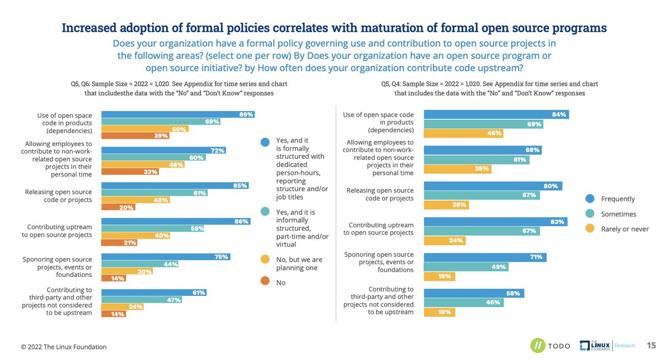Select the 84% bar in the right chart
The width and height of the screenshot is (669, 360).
(x=496, y=114)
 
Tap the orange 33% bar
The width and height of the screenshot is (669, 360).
(x=129, y=172)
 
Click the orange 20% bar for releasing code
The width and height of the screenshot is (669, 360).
(x=118, y=207)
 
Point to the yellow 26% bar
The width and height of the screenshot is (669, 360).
(x=446, y=205)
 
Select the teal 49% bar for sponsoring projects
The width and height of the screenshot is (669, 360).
(x=466, y=266)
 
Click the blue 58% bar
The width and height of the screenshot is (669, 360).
(x=474, y=293)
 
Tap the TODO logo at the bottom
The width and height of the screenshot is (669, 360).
(x=550, y=346)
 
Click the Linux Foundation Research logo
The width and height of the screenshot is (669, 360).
(x=607, y=346)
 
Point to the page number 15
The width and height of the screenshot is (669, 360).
(x=651, y=345)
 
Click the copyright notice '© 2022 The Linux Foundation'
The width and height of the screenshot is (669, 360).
(x=64, y=347)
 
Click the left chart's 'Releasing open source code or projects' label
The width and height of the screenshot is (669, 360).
(x=59, y=196)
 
